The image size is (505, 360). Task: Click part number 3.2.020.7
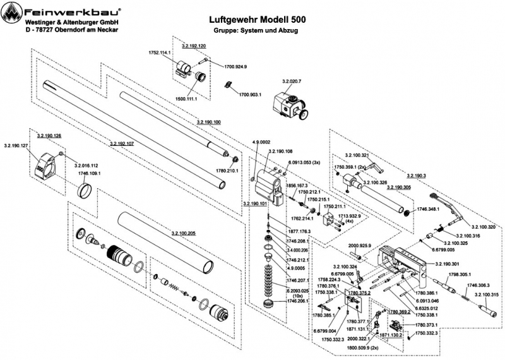tap(292, 82)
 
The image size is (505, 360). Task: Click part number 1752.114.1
tap(160, 52)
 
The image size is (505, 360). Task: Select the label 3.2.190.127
tap(16, 146)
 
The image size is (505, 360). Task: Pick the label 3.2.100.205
tap(183, 233)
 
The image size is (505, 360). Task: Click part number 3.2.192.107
tap(122, 144)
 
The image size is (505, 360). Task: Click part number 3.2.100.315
tap(486, 295)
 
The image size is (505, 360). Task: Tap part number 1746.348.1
tap(432, 208)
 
